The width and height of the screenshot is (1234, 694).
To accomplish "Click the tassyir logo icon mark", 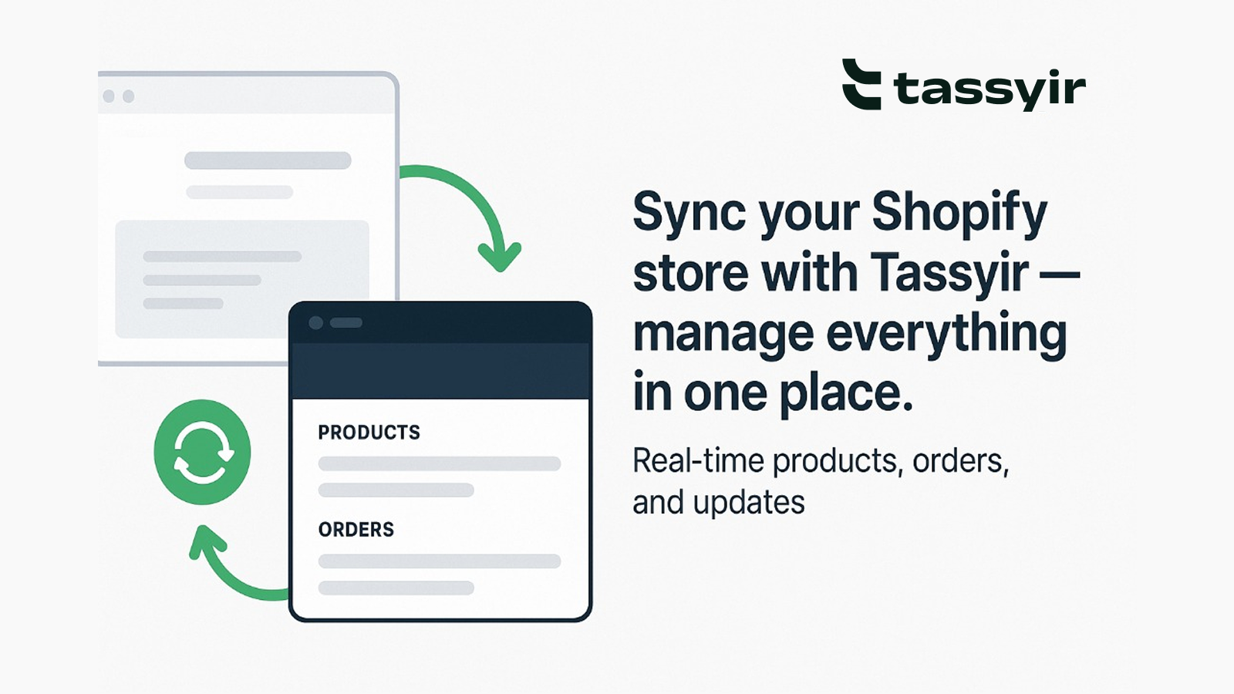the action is pyautogui.click(x=861, y=84).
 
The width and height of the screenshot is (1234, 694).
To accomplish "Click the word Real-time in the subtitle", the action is pyautogui.click(x=699, y=460).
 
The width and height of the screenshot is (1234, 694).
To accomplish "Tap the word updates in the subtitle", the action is pyautogui.click(x=749, y=503).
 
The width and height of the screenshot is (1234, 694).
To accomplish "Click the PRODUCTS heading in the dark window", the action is pyautogui.click(x=369, y=433).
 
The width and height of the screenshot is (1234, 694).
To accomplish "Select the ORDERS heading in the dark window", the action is pyautogui.click(x=356, y=529).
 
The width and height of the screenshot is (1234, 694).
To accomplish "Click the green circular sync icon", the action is pyautogui.click(x=202, y=452).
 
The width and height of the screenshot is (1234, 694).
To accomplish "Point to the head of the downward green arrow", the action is pyautogui.click(x=500, y=256).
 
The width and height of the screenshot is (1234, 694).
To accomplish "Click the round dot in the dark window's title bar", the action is pyautogui.click(x=316, y=322).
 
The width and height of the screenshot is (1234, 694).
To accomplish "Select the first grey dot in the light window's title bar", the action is pyautogui.click(x=109, y=96).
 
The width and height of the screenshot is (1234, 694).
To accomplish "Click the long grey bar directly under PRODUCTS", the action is pyautogui.click(x=440, y=463).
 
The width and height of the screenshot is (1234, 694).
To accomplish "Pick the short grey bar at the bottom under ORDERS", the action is pyautogui.click(x=396, y=588).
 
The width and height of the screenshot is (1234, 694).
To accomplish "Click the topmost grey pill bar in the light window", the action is pyautogui.click(x=268, y=160).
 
